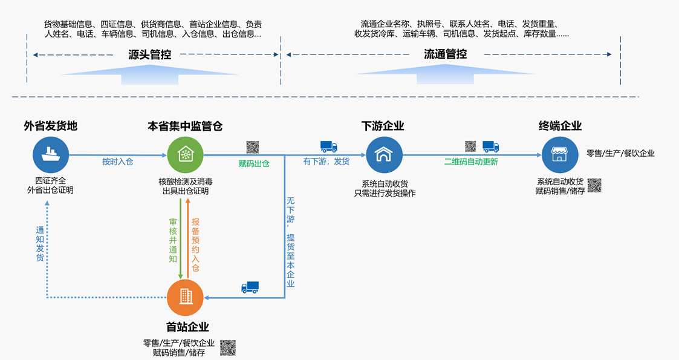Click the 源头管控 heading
pyautogui.click(x=149, y=54)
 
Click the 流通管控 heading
pyautogui.click(x=445, y=54)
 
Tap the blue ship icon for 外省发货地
pyautogui.click(x=51, y=154)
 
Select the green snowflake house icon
pyautogui.click(x=184, y=154)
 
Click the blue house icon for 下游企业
pyautogui.click(x=383, y=154)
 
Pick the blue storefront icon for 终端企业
pyautogui.click(x=559, y=154)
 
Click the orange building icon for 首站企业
pyautogui.click(x=185, y=296)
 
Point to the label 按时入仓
pyautogui.click(x=117, y=162)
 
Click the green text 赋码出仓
pyautogui.click(x=254, y=163)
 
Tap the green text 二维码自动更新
pyautogui.click(x=471, y=162)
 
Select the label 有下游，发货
pyautogui.click(x=326, y=162)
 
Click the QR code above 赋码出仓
pyautogui.click(x=253, y=147)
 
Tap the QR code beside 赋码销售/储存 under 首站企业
pyautogui.click(x=227, y=347)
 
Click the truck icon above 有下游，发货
pyautogui.click(x=328, y=146)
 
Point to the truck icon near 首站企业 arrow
pyautogui.click(x=250, y=287)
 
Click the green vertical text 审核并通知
pyautogui.click(x=173, y=240)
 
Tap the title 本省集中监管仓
pyautogui.click(x=185, y=126)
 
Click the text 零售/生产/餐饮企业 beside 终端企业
pyautogui.click(x=620, y=154)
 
